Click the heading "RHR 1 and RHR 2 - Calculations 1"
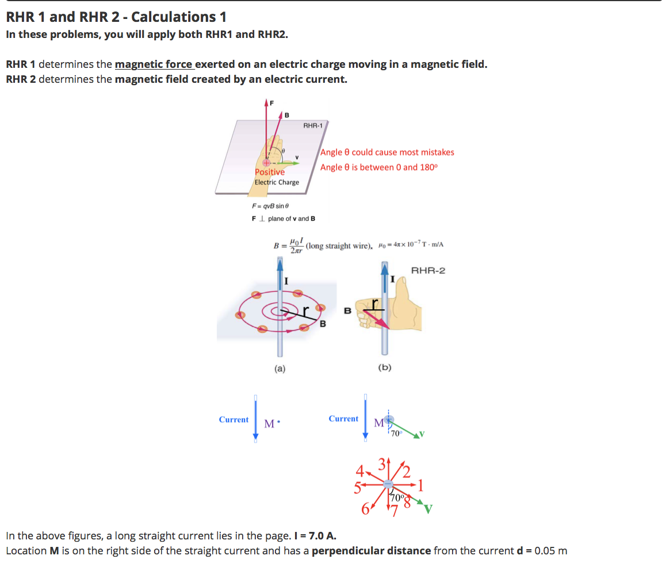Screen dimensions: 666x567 coord(116,17)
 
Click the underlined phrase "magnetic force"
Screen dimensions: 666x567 coord(154,64)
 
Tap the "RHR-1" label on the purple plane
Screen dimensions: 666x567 coord(313,125)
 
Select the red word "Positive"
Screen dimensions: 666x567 coord(270,172)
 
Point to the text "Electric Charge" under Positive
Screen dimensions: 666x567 coord(277,182)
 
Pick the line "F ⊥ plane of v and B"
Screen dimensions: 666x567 coord(283,219)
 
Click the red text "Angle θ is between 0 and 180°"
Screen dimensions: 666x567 coord(379,167)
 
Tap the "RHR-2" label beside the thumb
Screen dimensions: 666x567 coord(428,270)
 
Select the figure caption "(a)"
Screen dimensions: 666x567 coord(279,369)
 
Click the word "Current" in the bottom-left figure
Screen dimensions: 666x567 coord(234,420)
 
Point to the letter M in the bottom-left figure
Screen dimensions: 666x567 coord(269,424)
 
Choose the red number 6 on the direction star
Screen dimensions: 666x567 coord(365,509)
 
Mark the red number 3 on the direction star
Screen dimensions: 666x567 coord(382,463)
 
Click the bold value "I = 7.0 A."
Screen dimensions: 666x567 coord(315,536)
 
